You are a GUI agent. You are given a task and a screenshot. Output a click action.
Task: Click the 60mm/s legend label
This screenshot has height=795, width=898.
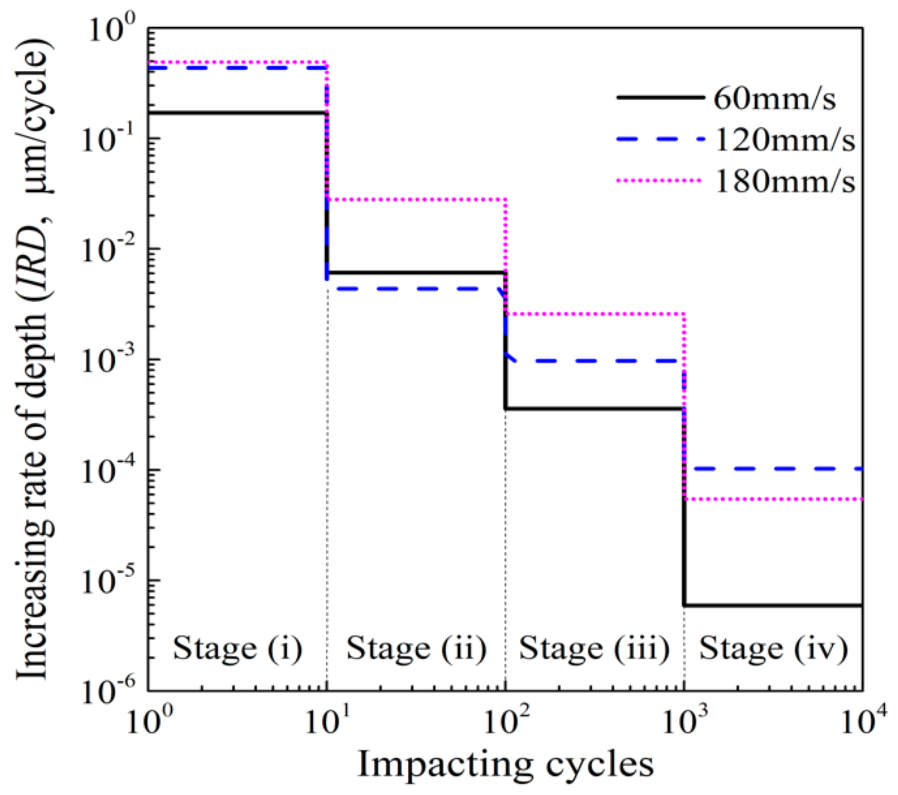[775, 99]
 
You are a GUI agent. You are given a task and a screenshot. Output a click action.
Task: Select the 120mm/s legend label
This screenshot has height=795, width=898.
[785, 140]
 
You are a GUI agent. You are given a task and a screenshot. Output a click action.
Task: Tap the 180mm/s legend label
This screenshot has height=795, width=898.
[785, 182]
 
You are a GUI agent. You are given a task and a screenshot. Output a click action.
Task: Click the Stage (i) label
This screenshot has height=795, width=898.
[237, 649]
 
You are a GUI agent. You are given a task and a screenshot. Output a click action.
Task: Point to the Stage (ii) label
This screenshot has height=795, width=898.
[416, 649]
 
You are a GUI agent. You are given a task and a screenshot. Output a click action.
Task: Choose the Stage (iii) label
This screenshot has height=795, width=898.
[594, 649]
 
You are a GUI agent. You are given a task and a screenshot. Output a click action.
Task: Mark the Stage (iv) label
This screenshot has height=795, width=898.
[773, 649]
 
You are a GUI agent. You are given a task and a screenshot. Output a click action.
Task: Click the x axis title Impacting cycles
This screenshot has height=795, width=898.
[505, 764]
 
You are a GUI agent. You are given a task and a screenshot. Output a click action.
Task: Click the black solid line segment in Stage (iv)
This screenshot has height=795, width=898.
[773, 605]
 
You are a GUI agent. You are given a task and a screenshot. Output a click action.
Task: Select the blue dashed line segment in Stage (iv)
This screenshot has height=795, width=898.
[773, 469]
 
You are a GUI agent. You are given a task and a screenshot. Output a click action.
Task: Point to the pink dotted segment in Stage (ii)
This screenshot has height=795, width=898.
[416, 199]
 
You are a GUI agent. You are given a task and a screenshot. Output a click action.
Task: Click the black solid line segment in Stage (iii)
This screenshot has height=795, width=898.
[594, 408]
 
